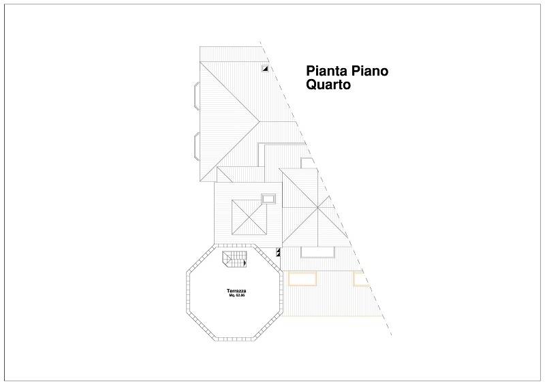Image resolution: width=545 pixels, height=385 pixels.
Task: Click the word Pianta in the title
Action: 327,71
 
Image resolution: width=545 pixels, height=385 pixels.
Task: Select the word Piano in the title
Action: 369,71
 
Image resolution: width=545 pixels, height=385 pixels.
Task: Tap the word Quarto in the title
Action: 328,84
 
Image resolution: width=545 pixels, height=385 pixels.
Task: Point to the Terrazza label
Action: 236,291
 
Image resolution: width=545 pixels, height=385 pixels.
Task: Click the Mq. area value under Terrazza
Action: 237,295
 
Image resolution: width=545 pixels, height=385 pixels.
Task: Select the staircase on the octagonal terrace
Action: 234,260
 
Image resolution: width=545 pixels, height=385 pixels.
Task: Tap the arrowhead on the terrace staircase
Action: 245,263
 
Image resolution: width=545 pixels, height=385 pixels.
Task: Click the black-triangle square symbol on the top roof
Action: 265,69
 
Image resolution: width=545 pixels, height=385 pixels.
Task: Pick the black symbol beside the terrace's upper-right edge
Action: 278,252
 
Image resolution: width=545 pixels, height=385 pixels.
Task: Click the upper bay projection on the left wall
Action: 197,96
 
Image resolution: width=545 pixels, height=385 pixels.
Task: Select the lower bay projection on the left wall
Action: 197,147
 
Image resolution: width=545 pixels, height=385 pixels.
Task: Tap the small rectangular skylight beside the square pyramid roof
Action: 268,198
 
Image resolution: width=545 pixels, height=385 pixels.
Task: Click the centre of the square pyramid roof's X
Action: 249,217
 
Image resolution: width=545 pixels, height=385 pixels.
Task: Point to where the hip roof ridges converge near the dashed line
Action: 317,208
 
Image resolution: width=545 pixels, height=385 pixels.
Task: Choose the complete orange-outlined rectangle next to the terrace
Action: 302,279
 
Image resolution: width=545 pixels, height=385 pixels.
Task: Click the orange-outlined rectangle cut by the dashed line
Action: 360,279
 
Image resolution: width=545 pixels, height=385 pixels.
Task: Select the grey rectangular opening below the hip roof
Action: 317,252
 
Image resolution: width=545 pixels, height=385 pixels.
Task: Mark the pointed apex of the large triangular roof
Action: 260,122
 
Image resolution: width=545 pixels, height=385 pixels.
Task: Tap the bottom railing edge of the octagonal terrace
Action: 235,339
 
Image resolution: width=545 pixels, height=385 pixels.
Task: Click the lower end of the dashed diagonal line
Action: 392,335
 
